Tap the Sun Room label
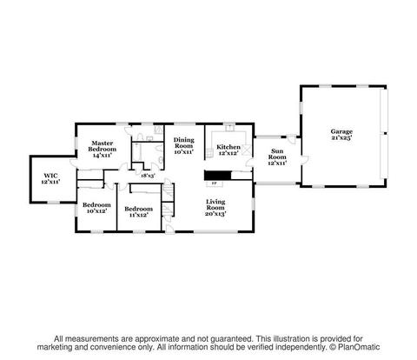click(277, 157)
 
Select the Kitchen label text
click(228, 147)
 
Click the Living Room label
click(215, 204)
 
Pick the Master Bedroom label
click(103, 146)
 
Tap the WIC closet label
click(50, 176)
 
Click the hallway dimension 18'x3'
click(148, 176)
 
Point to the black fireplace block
click(218, 176)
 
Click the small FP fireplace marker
click(215, 183)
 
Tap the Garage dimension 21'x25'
click(341, 137)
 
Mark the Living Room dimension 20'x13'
click(215, 214)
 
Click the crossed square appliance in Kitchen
click(246, 150)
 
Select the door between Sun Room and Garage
click(305, 159)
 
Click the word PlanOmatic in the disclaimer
click(359, 347)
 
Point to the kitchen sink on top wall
click(230, 127)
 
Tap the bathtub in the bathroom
click(137, 152)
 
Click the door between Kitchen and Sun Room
click(249, 163)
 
